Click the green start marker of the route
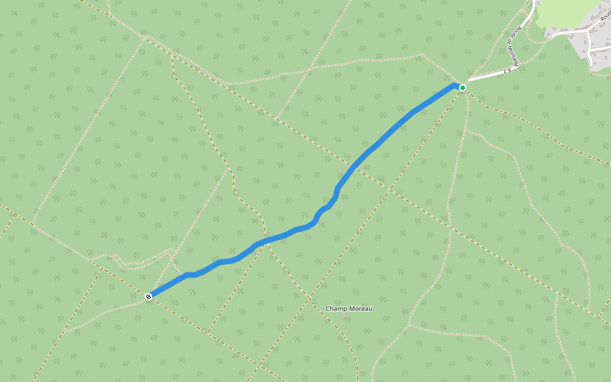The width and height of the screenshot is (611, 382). pyautogui.click(x=463, y=87)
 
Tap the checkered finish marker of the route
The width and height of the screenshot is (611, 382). pyautogui.click(x=148, y=296)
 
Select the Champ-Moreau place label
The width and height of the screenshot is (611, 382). pyautogui.click(x=349, y=309)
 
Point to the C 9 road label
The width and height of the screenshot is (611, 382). pyautogui.click(x=507, y=71)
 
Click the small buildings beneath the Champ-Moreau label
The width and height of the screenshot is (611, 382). pyautogui.click(x=346, y=316)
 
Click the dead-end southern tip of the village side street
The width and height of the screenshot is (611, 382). pyautogui.click(x=593, y=64)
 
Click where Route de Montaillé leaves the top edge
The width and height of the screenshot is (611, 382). pyautogui.click(x=534, y=2)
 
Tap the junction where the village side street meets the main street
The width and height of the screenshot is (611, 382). pyautogui.click(x=589, y=30)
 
